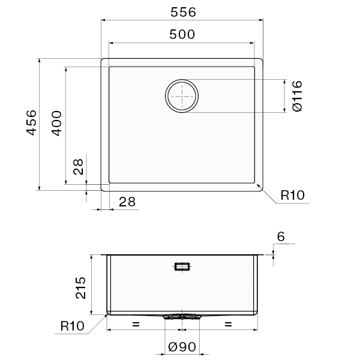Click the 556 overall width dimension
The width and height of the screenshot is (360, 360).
tap(183, 12)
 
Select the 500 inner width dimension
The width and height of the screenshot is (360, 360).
tap(182, 34)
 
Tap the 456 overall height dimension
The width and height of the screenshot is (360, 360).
tap(31, 122)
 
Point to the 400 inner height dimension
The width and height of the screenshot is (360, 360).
tap(56, 123)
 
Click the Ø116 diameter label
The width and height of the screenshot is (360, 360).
tap(298, 96)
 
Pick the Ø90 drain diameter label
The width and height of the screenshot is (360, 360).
tap(182, 347)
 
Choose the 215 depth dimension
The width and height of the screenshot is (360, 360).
tap(80, 287)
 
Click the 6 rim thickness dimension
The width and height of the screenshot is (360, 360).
tap(281, 236)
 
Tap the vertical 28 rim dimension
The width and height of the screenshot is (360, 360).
tap(78, 167)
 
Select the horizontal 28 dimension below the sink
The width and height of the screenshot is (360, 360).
tap(127, 202)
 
